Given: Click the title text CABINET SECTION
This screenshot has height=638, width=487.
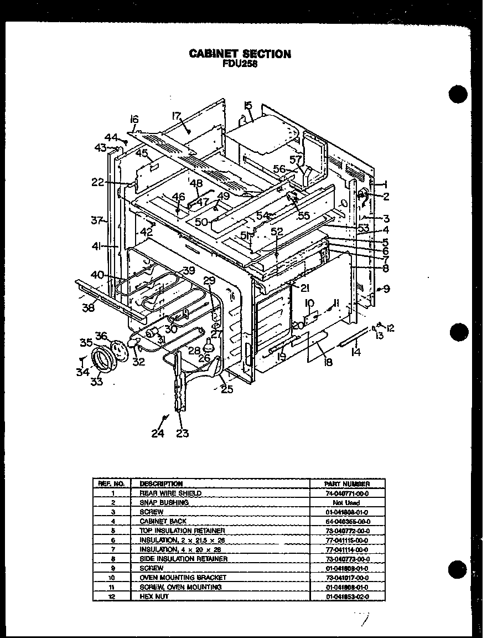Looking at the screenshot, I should (240, 54).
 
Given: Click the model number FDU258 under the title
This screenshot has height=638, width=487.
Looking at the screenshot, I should (240, 63).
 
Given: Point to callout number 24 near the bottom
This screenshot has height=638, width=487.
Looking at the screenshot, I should (158, 433).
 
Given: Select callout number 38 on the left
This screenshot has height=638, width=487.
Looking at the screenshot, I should (88, 308).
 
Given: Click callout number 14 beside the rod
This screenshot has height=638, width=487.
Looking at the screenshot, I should (355, 351).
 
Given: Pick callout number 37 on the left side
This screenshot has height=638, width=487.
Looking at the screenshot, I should (97, 220).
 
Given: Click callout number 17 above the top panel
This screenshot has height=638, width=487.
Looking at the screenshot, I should (176, 116).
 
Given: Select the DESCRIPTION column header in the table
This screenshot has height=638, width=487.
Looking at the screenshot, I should (161, 483).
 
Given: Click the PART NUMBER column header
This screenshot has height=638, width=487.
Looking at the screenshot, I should (347, 483).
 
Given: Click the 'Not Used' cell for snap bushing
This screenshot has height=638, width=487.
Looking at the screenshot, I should (347, 502).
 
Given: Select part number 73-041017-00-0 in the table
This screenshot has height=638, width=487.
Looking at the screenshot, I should (347, 578).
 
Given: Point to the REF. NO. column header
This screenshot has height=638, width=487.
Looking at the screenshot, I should (112, 483).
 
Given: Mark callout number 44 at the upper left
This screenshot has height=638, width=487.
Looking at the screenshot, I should (111, 137).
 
